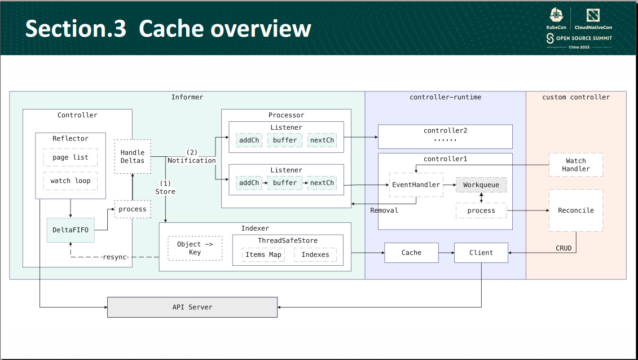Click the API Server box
click(x=192, y=307)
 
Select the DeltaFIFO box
click(x=71, y=230)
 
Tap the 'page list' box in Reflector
click(x=71, y=157)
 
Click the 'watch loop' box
click(x=71, y=181)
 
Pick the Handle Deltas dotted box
click(x=133, y=156)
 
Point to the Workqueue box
click(x=481, y=185)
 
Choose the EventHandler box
click(x=416, y=185)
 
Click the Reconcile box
click(x=575, y=210)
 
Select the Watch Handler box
click(x=575, y=165)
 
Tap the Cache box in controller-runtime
click(x=411, y=253)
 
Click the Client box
click(x=481, y=253)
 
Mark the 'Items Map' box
click(x=263, y=254)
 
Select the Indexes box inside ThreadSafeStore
click(x=315, y=254)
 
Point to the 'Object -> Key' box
click(x=195, y=248)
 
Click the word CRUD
click(x=564, y=248)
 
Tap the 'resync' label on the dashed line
click(x=115, y=257)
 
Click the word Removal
click(x=384, y=210)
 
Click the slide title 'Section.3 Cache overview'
click(x=168, y=29)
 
